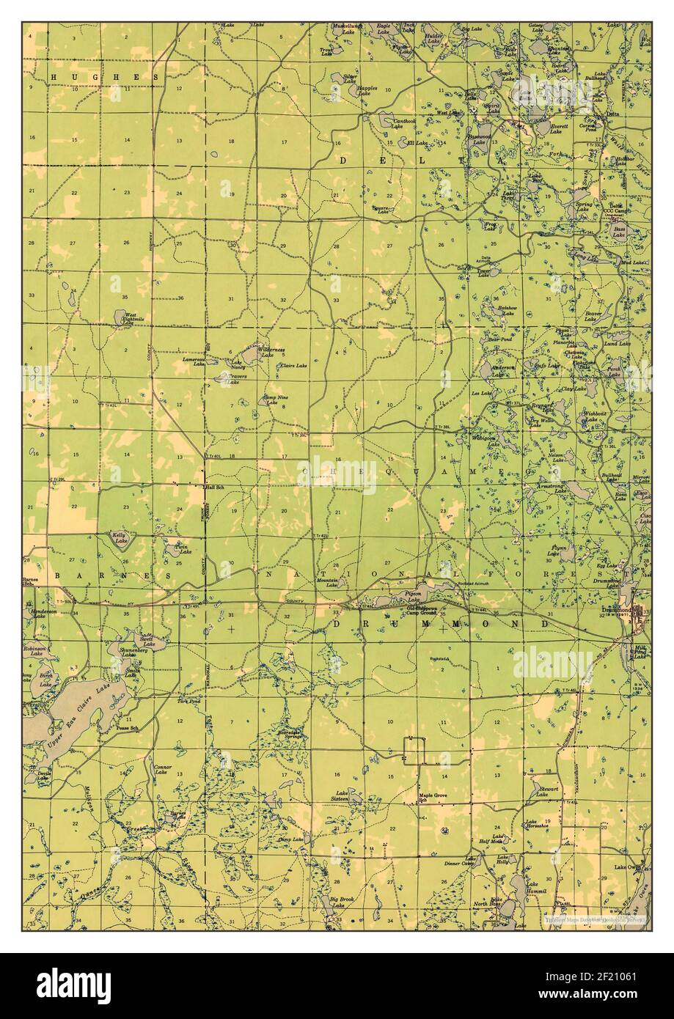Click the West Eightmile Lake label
click(133, 316)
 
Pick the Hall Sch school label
click(215, 488)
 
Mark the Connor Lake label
click(162, 770)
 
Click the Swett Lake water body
click(146, 641)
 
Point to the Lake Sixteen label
click(341, 796)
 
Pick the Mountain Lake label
click(327, 582)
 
